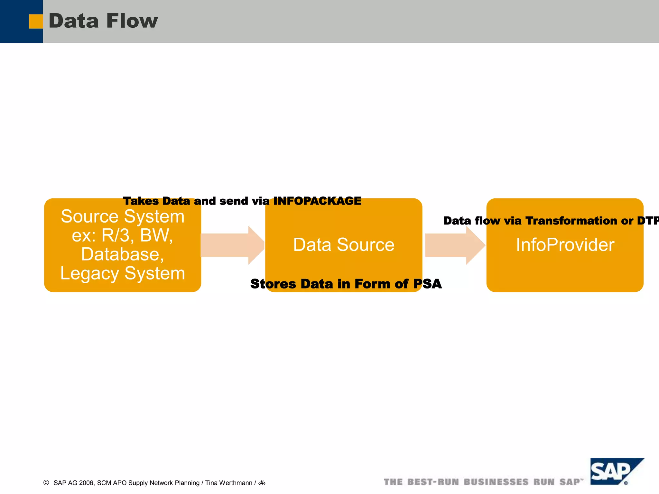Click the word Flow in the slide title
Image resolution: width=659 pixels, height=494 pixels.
(x=132, y=21)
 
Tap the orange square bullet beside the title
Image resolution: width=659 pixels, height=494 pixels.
(x=36, y=22)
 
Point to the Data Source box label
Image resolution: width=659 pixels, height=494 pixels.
(x=344, y=245)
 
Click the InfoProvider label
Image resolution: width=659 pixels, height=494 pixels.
(x=565, y=245)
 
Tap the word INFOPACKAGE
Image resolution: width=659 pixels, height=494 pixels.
(x=317, y=201)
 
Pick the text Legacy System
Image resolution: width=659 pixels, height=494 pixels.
(x=123, y=273)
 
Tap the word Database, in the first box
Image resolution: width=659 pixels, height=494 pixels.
(x=123, y=254)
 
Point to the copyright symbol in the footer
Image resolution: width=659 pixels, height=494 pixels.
(x=46, y=482)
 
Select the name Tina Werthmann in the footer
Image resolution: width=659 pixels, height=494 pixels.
(x=228, y=483)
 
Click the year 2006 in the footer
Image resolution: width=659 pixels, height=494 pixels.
(x=86, y=483)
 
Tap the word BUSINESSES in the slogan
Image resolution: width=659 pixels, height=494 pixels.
(x=496, y=482)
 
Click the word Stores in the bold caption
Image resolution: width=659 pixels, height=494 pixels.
(x=273, y=284)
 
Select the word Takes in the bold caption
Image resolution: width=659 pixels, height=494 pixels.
(x=141, y=201)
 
